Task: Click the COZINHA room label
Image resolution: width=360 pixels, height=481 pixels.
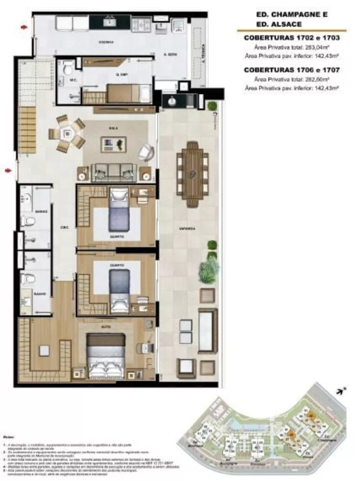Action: click(106, 42)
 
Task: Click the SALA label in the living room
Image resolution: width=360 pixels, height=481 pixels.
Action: click(114, 129)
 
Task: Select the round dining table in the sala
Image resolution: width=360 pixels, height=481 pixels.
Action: click(68, 132)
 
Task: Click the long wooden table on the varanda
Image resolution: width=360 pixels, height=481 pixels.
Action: click(193, 174)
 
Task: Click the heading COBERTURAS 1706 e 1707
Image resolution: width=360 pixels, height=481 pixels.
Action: click(292, 70)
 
